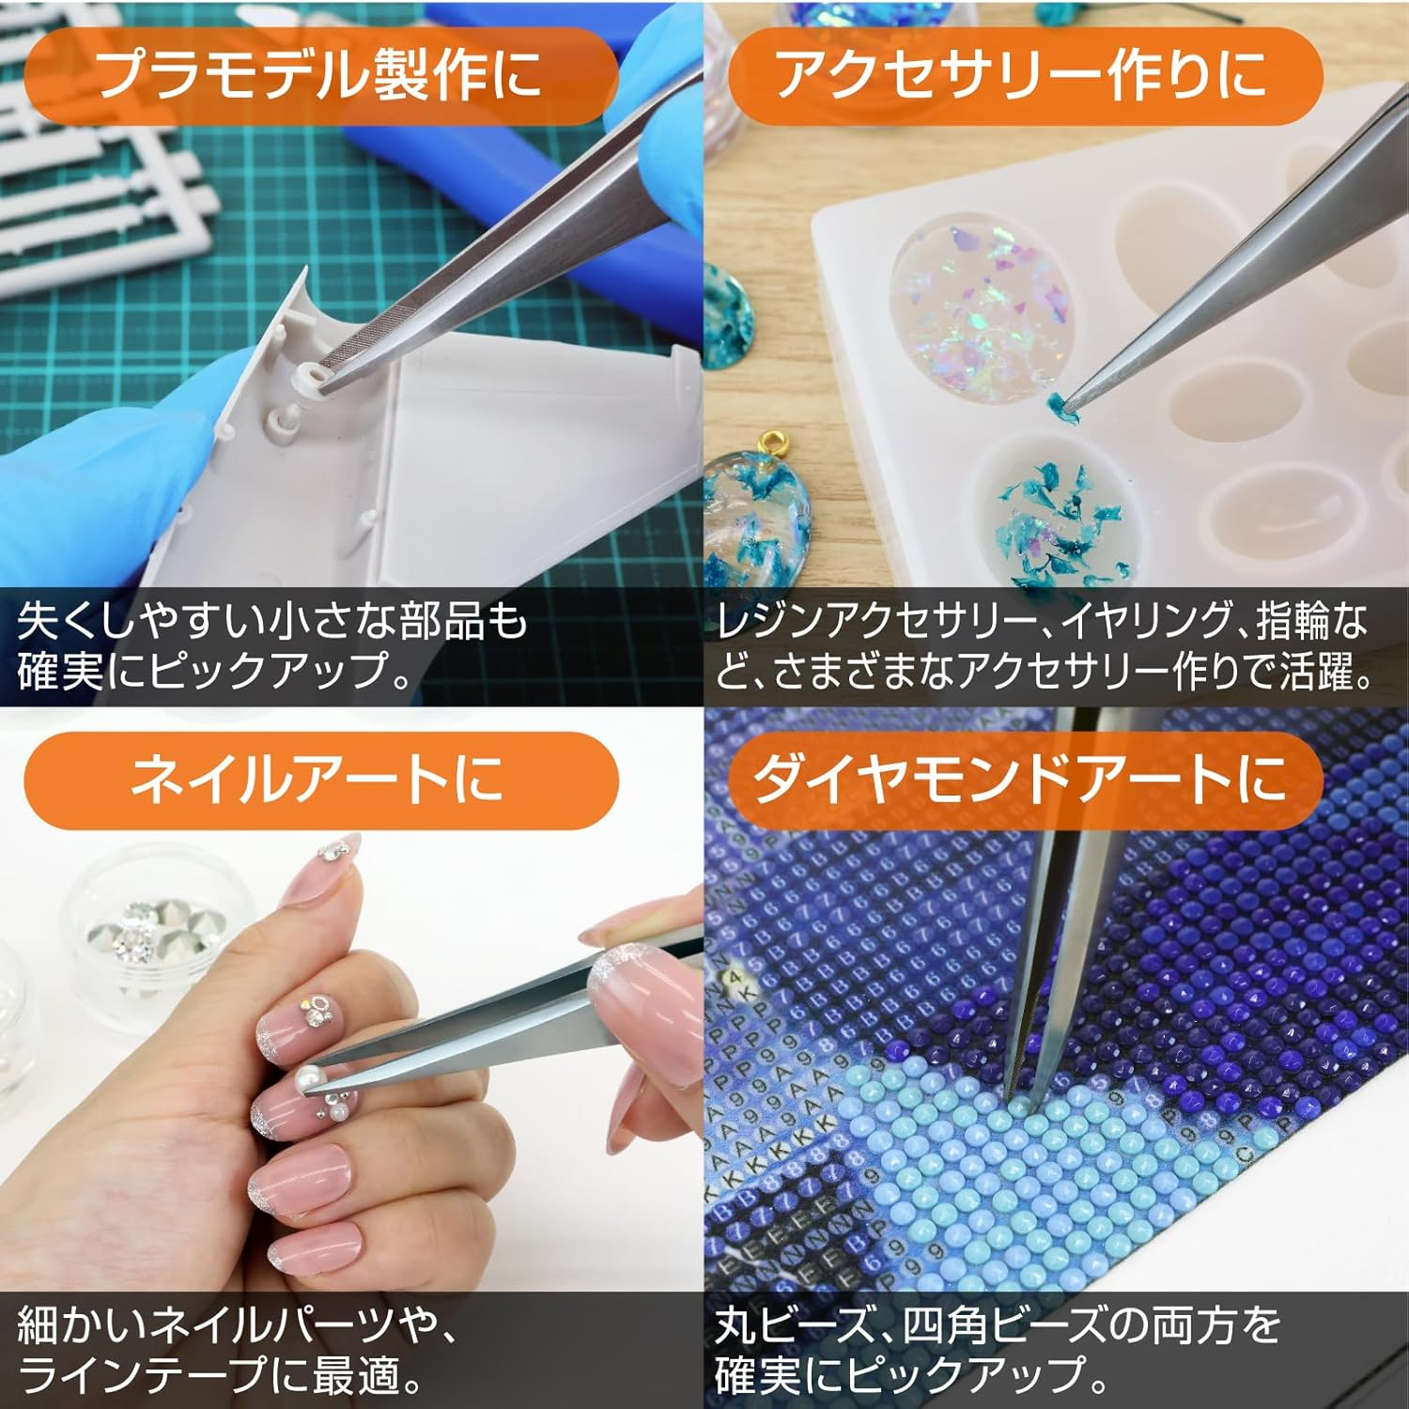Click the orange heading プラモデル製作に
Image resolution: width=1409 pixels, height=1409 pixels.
click(x=319, y=75)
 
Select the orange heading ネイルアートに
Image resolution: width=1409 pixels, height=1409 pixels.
click(x=319, y=779)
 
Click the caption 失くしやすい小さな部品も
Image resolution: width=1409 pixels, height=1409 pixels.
click(x=272, y=623)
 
